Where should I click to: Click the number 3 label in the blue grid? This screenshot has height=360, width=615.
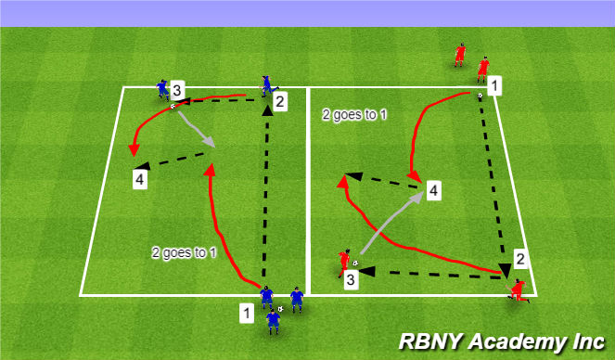177,91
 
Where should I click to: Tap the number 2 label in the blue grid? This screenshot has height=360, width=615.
277,101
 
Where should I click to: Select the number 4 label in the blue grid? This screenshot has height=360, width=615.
139,177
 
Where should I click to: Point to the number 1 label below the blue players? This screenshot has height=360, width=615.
246,313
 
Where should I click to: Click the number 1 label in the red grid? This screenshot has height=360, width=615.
495,87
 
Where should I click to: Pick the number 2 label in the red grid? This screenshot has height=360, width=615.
521,259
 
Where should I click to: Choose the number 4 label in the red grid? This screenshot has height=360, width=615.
432,191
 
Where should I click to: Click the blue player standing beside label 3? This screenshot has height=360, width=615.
163,89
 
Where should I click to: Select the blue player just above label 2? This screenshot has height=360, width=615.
267,85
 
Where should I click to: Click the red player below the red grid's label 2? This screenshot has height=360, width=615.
518,289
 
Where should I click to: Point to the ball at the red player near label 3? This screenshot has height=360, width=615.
354,263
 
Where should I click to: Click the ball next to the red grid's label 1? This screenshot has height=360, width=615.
480,96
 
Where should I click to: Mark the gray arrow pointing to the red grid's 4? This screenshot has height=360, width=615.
387,221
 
